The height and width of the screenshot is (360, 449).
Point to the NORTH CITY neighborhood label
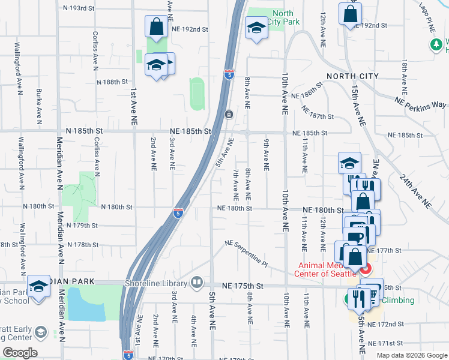tap(352, 76)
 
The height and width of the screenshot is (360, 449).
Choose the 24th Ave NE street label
tap(418, 186)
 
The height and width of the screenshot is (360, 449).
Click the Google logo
tap(20, 353)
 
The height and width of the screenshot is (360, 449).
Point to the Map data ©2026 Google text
tap(412, 355)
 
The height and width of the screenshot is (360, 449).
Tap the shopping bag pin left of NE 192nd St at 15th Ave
tap(350, 14)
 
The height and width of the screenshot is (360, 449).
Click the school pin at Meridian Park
tap(39, 286)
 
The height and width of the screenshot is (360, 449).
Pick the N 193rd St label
tap(79, 9)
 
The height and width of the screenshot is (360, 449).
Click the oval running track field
tap(197, 94)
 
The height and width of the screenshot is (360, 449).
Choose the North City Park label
tap(285, 18)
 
